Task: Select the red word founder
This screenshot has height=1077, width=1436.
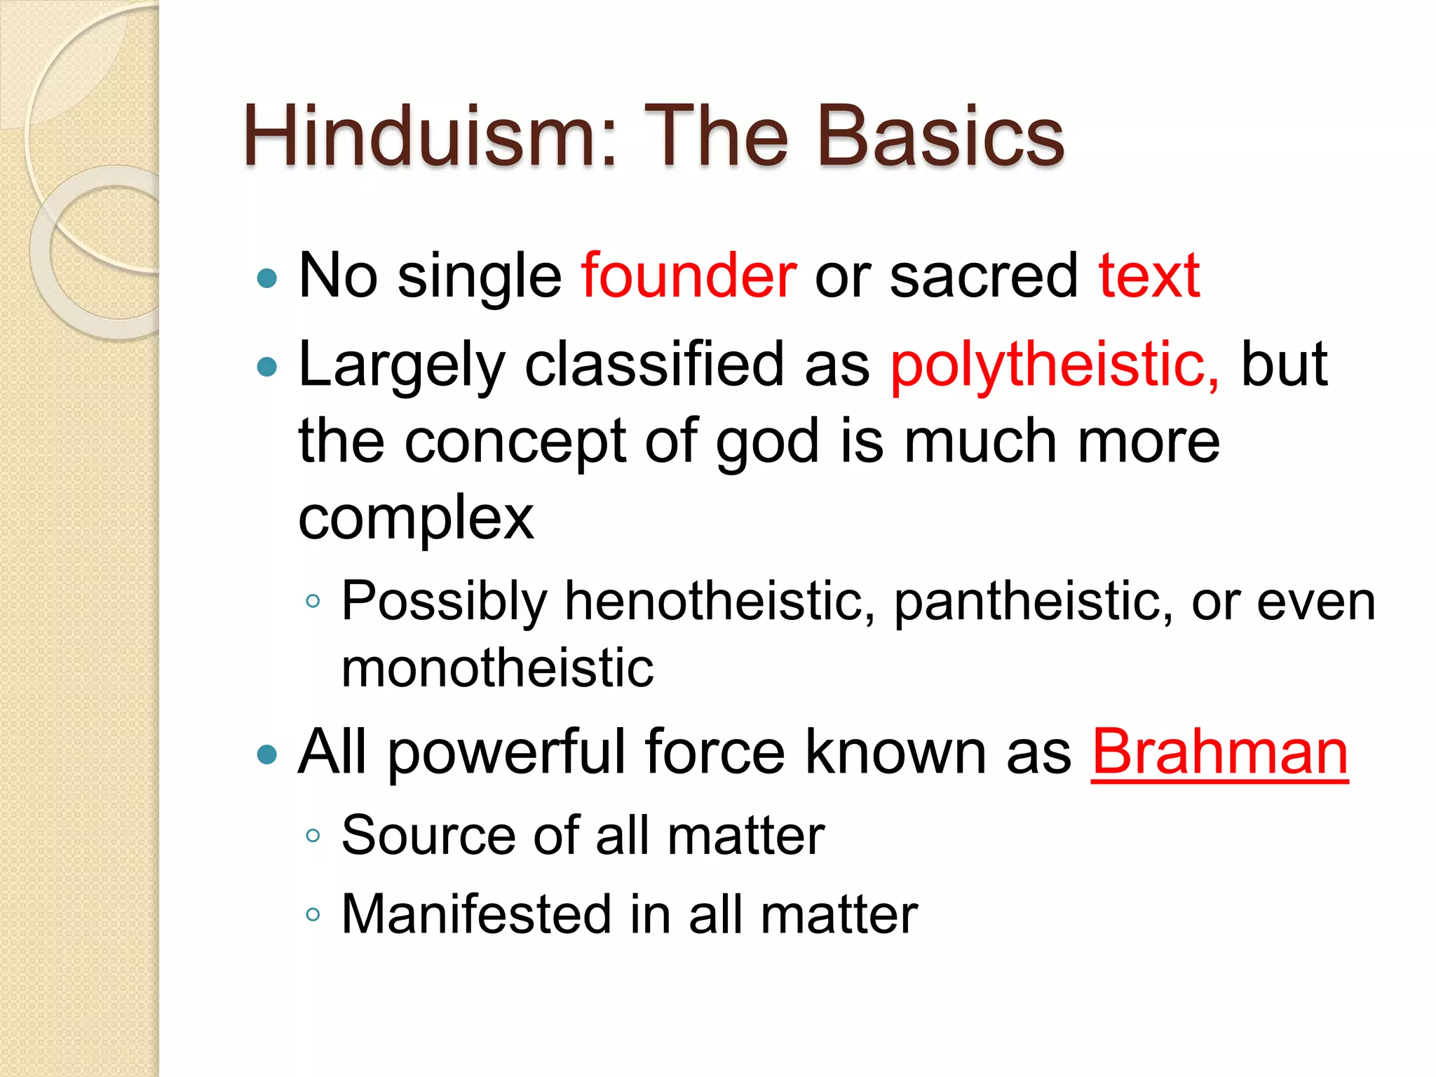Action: click(x=689, y=276)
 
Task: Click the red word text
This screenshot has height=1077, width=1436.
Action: click(x=1149, y=276)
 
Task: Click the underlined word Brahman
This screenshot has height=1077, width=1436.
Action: click(x=1219, y=752)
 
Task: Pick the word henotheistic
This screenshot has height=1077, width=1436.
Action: click(x=719, y=602)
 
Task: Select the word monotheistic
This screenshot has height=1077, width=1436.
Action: click(x=497, y=668)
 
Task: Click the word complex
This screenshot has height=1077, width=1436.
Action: click(x=416, y=519)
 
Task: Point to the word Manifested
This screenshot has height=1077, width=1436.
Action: click(x=477, y=914)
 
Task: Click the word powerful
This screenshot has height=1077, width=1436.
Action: click(x=506, y=752)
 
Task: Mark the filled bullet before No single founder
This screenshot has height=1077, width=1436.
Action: click(x=267, y=279)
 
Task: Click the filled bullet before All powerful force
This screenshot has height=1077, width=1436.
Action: click(x=267, y=756)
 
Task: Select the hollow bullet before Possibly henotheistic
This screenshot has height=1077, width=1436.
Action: click(x=313, y=602)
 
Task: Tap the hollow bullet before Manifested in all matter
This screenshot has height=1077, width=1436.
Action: click(x=313, y=914)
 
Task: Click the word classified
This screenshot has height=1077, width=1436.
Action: click(x=653, y=365)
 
